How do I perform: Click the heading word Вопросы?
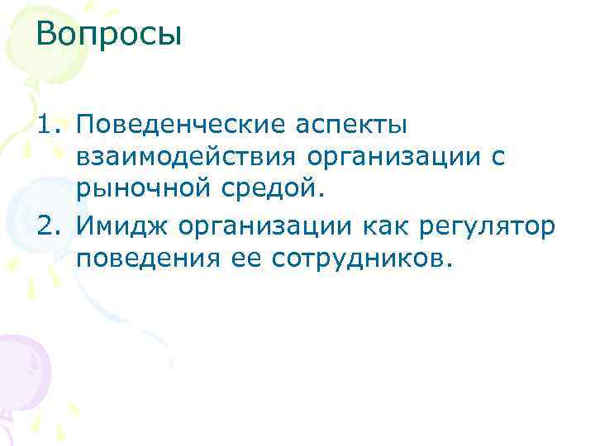(x=108, y=36)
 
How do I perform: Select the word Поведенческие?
(x=174, y=126)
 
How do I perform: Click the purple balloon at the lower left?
(x=22, y=367)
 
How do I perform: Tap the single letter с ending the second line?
(x=521, y=159)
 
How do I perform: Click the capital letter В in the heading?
(x=47, y=36)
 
